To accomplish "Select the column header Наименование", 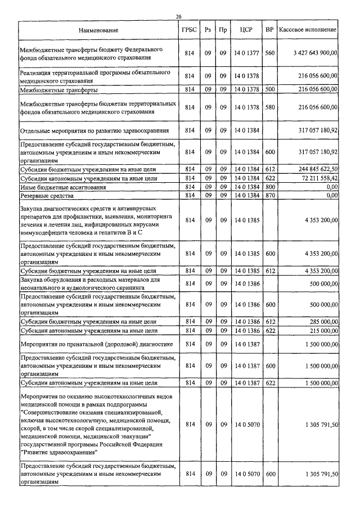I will pos(98,29).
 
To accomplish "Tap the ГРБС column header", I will pos(189,29).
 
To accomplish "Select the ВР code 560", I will pos(270,53).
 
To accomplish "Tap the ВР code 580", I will pos(270,107).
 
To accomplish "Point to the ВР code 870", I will pos(270,195).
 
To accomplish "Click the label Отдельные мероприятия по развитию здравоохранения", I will pos(91,130).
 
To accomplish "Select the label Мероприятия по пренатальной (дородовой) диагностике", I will pos(92,344).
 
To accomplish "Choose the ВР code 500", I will pos(270,89).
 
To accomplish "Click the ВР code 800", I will pos(270,187).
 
